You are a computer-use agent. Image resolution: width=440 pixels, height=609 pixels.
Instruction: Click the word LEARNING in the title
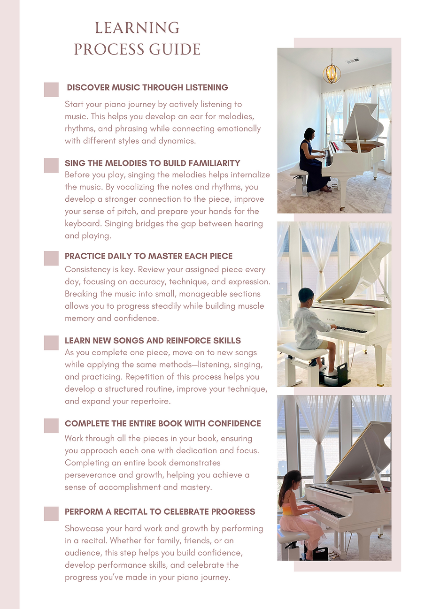(137, 28)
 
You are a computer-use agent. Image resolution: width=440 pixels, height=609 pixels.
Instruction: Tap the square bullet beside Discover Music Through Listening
(51, 90)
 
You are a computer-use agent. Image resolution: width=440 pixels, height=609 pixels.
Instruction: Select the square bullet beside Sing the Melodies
(51, 165)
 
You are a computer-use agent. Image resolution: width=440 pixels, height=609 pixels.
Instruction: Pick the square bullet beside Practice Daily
(51, 258)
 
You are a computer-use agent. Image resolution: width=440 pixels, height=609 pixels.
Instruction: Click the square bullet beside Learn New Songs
(51, 343)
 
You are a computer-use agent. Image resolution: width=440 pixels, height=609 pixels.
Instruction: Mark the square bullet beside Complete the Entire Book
(51, 426)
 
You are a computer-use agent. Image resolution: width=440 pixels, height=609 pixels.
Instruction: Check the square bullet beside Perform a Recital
(51, 514)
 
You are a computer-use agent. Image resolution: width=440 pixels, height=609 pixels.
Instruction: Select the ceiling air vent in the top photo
(353, 61)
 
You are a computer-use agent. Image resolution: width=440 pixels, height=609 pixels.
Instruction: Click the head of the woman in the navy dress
(309, 133)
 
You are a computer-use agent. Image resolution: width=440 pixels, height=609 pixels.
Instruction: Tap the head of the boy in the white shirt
(307, 297)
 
